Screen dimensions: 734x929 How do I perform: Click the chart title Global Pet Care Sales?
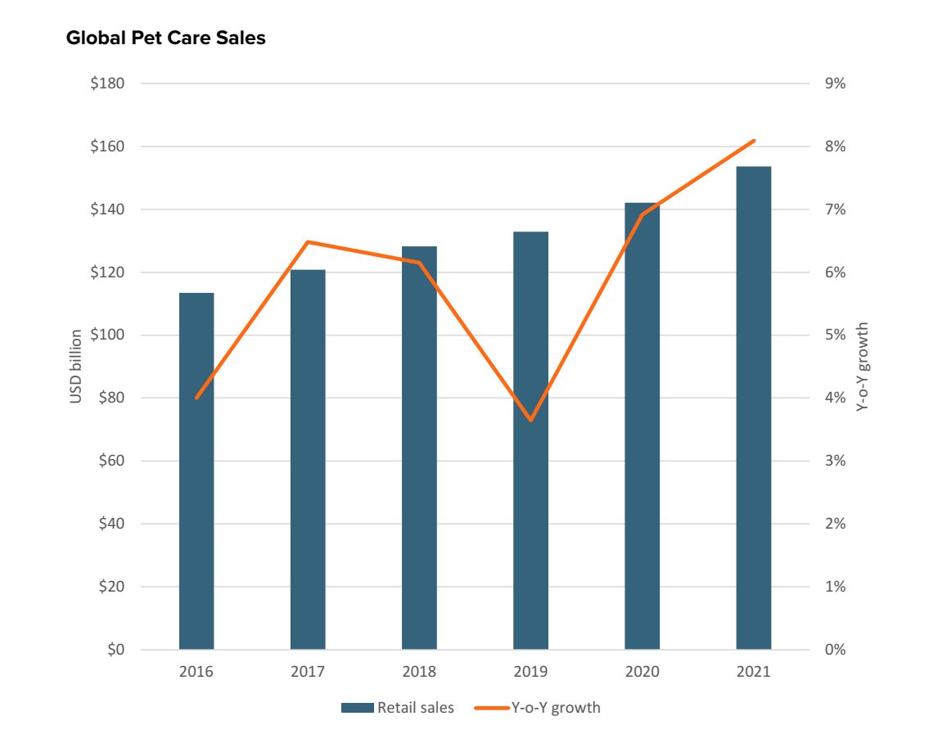point(165,38)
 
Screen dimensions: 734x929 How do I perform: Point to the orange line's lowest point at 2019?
point(530,420)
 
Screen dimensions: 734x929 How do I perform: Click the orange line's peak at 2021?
point(753,141)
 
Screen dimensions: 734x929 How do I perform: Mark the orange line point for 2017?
point(308,241)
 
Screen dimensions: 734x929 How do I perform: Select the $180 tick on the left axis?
point(107,83)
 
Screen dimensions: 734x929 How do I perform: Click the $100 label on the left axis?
point(107,335)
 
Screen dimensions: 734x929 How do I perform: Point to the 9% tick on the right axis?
point(835,83)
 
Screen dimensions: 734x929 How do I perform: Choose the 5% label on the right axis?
point(835,335)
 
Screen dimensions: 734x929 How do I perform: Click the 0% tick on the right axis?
point(835,650)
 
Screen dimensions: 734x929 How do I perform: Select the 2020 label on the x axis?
point(642,672)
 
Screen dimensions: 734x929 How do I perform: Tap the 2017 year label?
point(308,672)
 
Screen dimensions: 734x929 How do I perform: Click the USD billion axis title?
point(75,367)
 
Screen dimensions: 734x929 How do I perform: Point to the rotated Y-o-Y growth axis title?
point(862,367)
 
